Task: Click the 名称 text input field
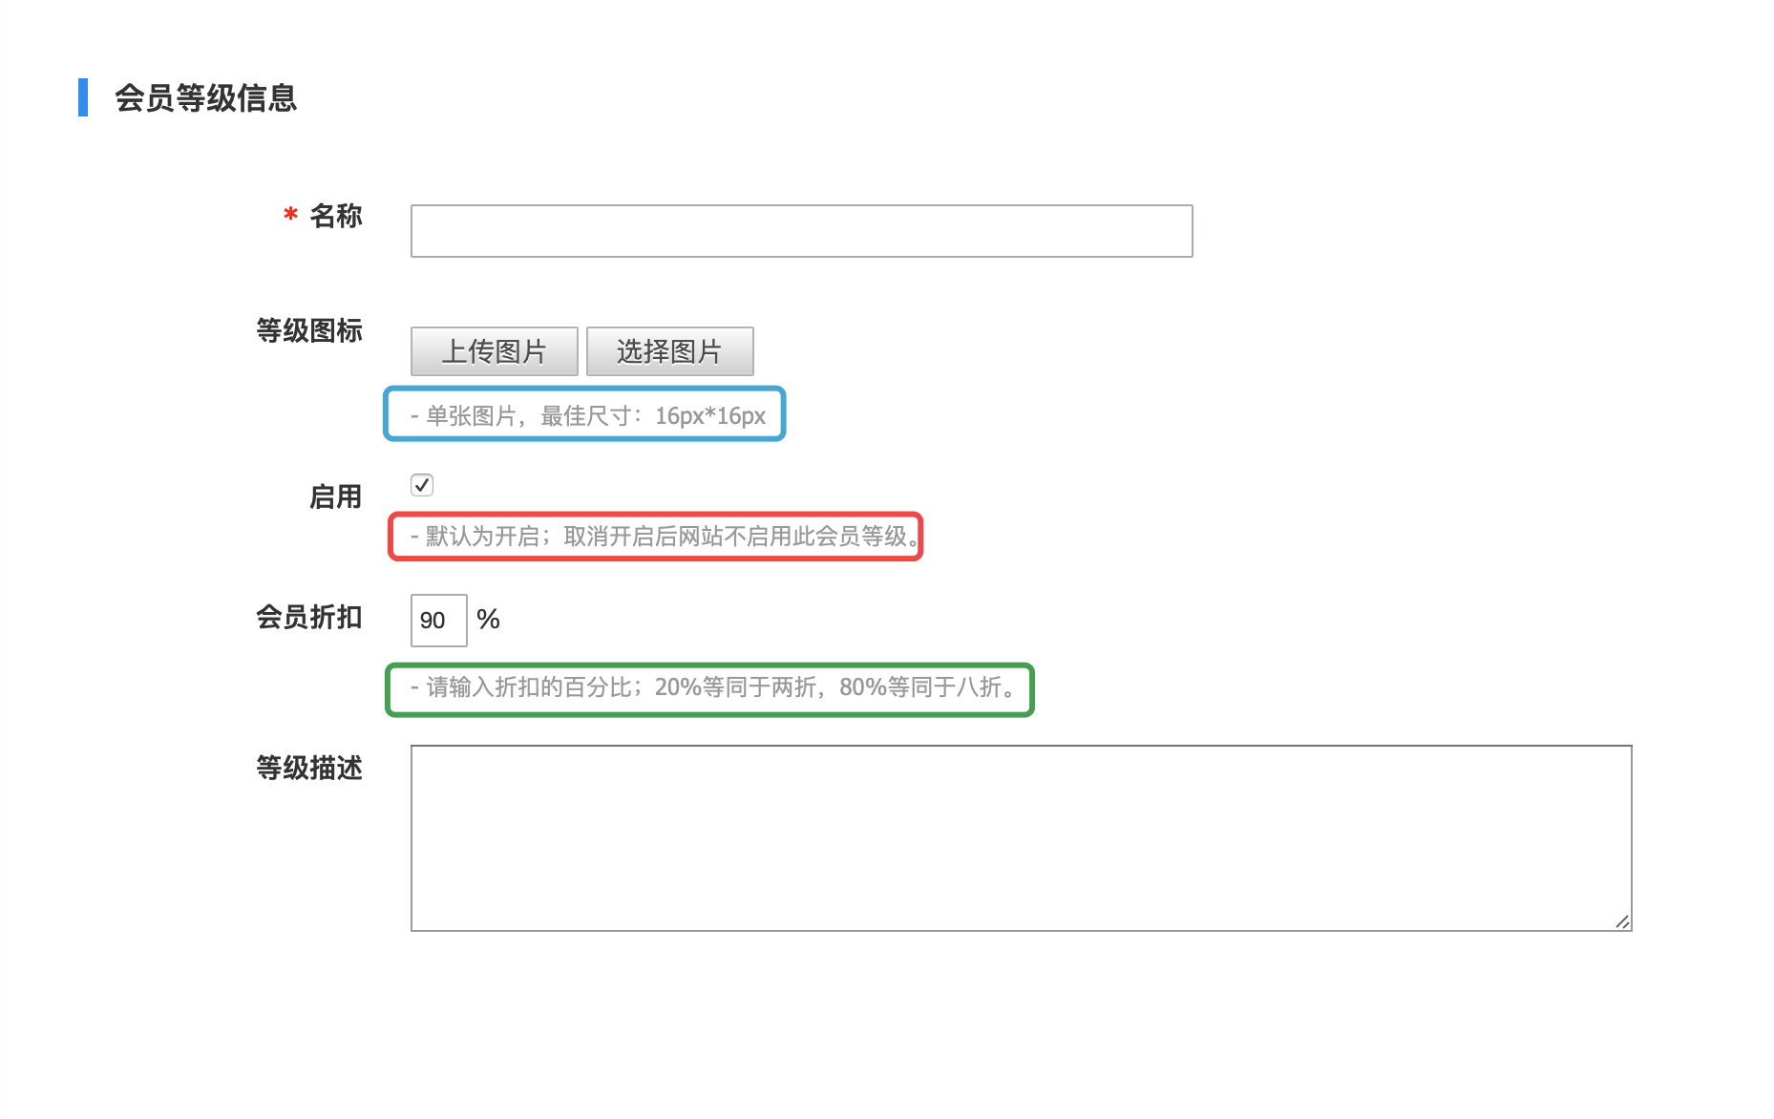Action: [x=801, y=231]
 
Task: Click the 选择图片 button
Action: [x=669, y=351]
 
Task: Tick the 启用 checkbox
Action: [x=422, y=485]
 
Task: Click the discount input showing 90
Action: [x=438, y=621]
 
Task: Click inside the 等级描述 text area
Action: [x=1020, y=837]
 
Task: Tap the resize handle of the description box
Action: [x=1622, y=921]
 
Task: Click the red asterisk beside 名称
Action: [x=290, y=216]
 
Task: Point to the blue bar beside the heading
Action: [x=83, y=97]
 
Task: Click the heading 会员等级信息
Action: [x=205, y=98]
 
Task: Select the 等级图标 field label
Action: [x=308, y=331]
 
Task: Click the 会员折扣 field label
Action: [x=308, y=618]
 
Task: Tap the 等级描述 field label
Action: [x=308, y=769]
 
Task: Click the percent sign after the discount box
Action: [x=488, y=620]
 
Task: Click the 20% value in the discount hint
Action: [x=678, y=687]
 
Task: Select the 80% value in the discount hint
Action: [x=863, y=687]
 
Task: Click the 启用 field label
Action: [x=335, y=497]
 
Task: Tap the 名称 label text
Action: [x=336, y=217]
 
